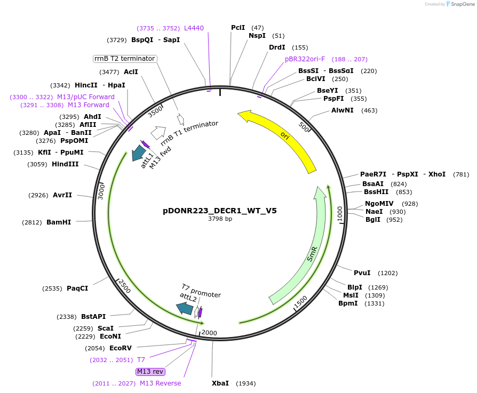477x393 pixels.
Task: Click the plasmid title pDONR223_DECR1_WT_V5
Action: tap(219, 211)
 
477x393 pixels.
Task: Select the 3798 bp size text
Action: tap(219, 219)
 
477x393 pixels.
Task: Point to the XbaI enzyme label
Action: tap(220, 383)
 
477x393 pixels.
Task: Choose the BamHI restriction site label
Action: tap(59, 222)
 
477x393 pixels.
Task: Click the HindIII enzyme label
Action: tap(65, 164)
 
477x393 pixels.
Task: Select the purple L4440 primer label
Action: tap(194, 28)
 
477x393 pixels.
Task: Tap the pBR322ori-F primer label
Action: tap(305, 59)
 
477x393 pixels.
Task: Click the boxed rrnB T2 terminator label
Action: tap(125, 59)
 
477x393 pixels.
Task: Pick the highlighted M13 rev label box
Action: tap(150, 372)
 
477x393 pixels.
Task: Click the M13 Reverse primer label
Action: tap(160, 383)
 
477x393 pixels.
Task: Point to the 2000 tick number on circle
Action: tap(209, 333)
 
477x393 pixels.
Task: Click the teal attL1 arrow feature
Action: tap(139, 153)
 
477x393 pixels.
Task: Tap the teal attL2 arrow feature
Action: tap(185, 308)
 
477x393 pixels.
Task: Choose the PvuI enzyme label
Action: tap(362, 273)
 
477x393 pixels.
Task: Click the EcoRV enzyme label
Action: tap(120, 348)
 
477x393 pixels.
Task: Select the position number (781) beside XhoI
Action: tap(461, 174)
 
